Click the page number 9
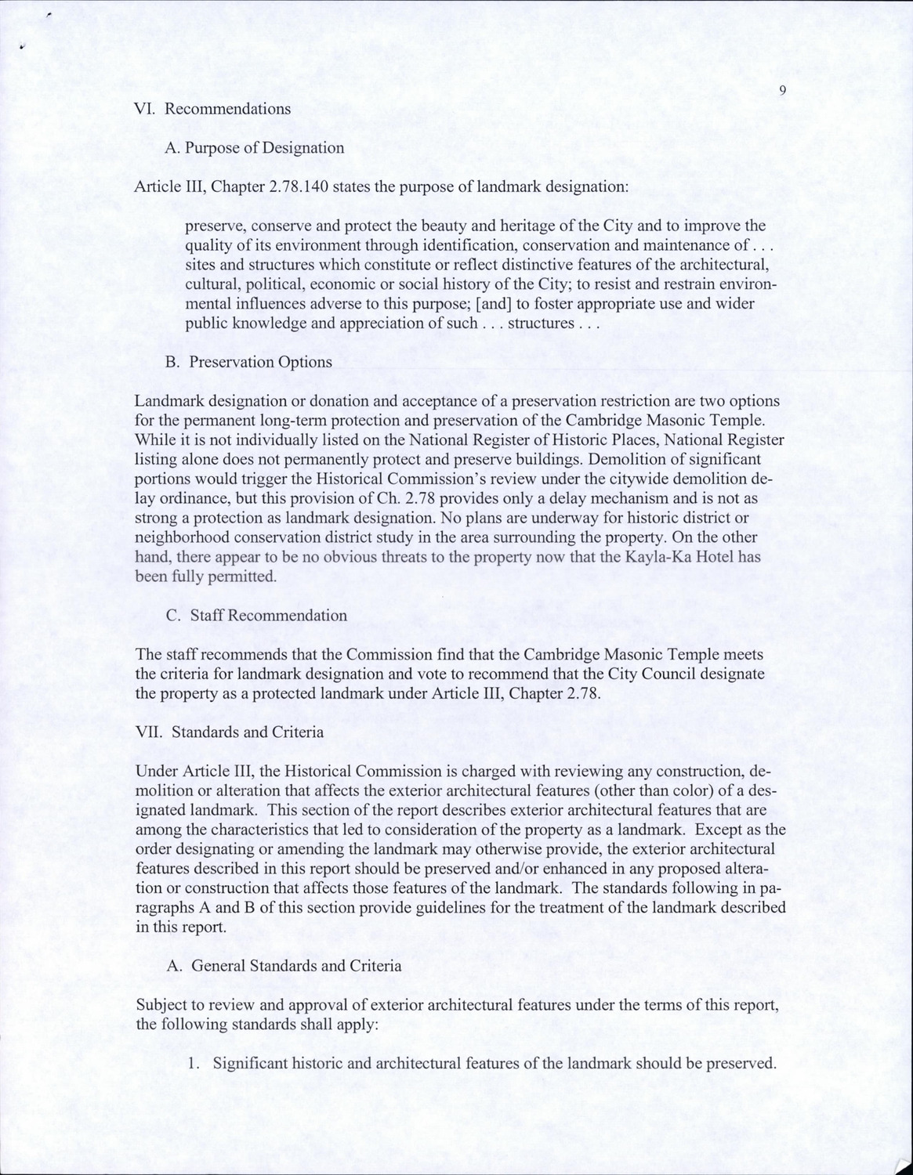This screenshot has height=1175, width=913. click(783, 91)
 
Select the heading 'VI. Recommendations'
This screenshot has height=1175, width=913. click(213, 109)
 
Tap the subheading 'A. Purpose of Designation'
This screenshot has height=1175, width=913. click(255, 148)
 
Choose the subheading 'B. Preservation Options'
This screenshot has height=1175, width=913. click(249, 362)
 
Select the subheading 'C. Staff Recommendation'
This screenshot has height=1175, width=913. click(256, 615)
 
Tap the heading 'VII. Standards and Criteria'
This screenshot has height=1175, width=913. click(230, 732)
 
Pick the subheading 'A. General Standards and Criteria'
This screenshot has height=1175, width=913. click(284, 966)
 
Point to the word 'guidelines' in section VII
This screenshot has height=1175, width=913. click(484, 908)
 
